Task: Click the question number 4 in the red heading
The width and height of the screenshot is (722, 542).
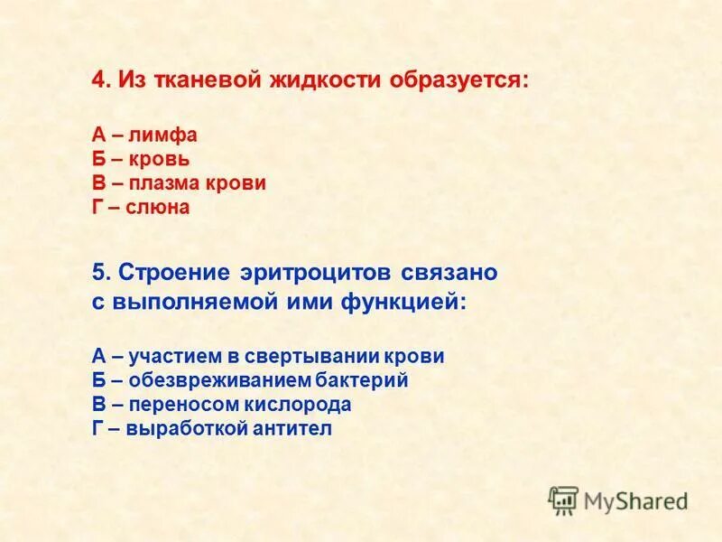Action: coord(99,80)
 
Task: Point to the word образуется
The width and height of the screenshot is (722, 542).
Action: coord(458,80)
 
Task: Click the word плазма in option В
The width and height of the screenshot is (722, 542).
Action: coord(171,183)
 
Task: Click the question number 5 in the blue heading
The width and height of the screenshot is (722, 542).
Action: coord(99,272)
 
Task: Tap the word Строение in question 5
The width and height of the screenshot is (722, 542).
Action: coord(176,272)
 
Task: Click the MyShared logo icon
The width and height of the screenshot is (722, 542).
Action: coord(563,500)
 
